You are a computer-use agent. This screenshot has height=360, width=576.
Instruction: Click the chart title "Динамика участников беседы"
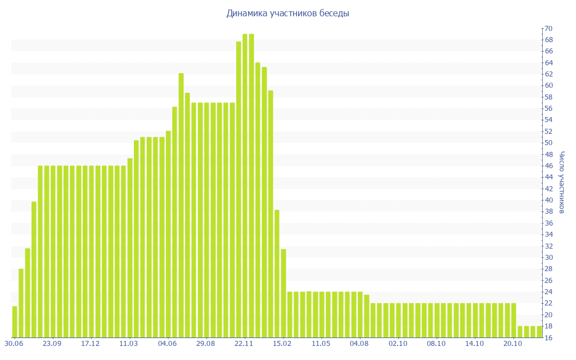pyautogui.click(x=287, y=13)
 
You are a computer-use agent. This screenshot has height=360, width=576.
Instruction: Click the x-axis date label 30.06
pyautogui.click(x=13, y=344)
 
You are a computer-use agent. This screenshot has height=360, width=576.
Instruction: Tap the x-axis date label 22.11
pyautogui.click(x=244, y=344)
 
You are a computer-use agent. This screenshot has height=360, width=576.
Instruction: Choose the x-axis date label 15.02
pyautogui.click(x=282, y=344)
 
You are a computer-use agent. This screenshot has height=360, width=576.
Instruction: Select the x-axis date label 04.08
pyautogui.click(x=359, y=344)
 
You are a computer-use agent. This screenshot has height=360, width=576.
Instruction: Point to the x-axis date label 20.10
pyautogui.click(x=513, y=344)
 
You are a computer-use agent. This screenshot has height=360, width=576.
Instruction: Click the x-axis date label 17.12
pyautogui.click(x=91, y=344)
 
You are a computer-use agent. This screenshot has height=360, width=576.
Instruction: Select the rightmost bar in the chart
pyautogui.click(x=539, y=332)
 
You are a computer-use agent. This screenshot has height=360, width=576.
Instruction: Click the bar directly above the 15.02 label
pyautogui.click(x=283, y=293)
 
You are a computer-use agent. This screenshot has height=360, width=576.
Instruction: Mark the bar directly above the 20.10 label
pyautogui.click(x=514, y=320)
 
